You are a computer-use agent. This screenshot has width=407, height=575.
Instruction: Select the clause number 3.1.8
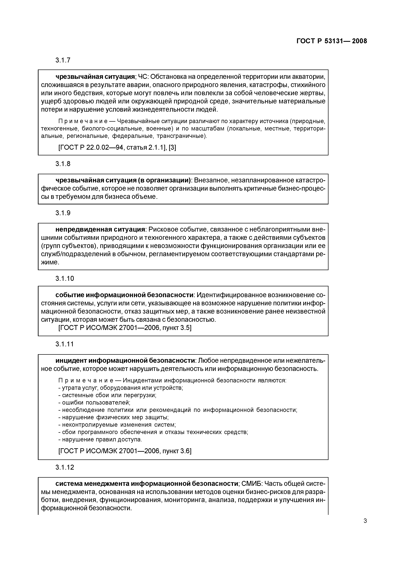pyautogui.click(x=63, y=164)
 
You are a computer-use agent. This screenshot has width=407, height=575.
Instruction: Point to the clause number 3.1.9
pyautogui.click(x=63, y=213)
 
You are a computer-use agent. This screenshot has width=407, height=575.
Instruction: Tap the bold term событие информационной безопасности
pyautogui.click(x=125, y=295)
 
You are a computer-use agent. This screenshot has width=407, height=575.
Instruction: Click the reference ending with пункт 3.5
pyautogui.click(x=125, y=328)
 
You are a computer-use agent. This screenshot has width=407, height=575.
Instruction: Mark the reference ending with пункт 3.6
pyautogui.click(x=125, y=451)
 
